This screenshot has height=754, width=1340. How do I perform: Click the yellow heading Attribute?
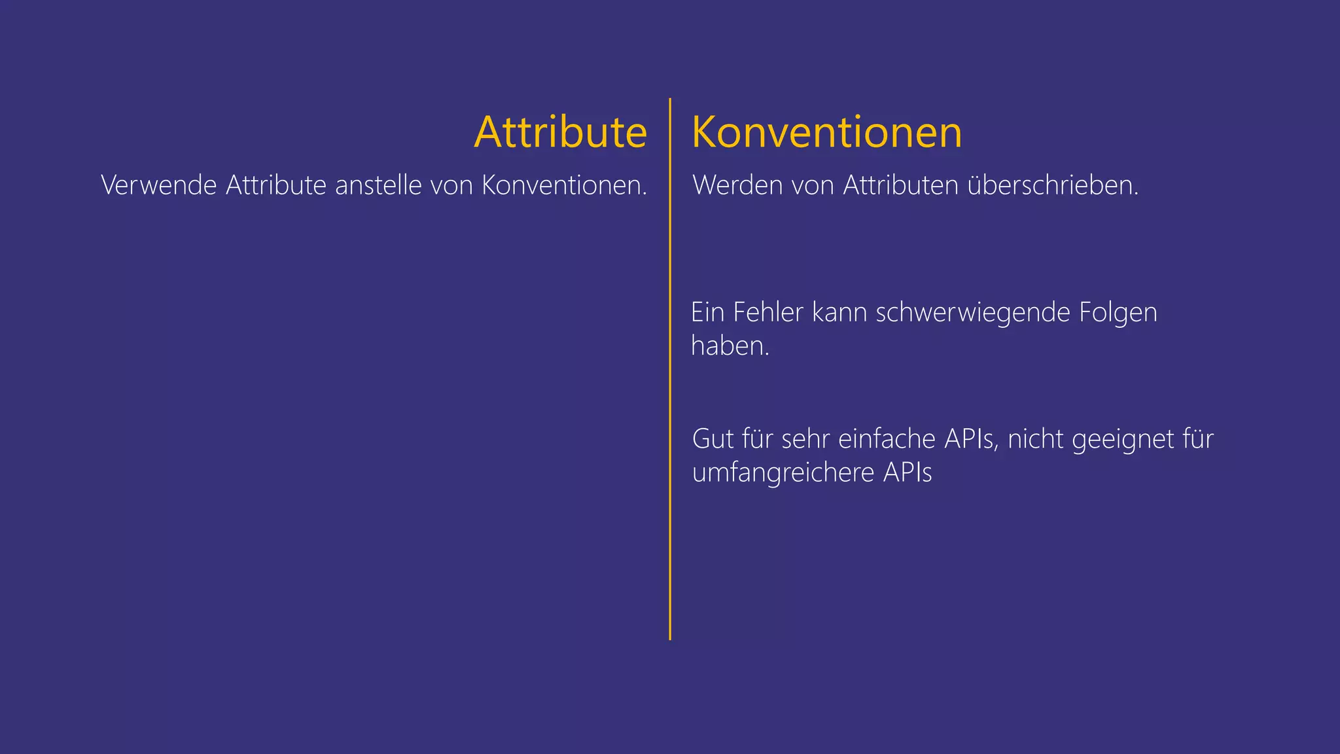click(x=560, y=132)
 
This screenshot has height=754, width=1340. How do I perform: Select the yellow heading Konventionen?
click(x=826, y=132)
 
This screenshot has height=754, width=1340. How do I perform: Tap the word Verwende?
click(x=158, y=185)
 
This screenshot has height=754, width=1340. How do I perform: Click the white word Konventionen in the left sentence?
click(x=564, y=185)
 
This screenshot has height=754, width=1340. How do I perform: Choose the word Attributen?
click(x=900, y=185)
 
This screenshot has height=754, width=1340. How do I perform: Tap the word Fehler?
click(x=767, y=312)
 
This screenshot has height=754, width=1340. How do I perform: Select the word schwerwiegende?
click(x=972, y=313)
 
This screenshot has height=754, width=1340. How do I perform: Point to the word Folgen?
click(x=1118, y=313)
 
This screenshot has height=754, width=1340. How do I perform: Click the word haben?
click(x=730, y=346)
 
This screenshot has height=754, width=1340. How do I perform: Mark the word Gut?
click(x=713, y=439)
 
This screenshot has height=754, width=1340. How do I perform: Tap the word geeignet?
click(x=1123, y=440)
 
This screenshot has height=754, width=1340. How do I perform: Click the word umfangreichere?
click(x=783, y=473)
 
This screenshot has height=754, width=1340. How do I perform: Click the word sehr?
click(x=805, y=439)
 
